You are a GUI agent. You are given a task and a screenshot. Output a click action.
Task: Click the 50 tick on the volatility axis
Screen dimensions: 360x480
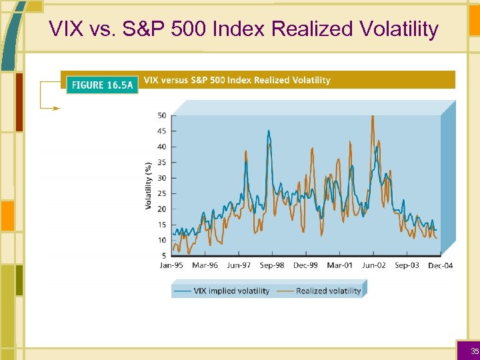pos(162,115)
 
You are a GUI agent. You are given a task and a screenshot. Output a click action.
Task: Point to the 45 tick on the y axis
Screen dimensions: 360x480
pos(162,131)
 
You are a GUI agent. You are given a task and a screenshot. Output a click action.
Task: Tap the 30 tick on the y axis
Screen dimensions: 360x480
pos(162,178)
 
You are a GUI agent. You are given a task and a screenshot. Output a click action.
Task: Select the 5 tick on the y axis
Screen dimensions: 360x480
pos(164,256)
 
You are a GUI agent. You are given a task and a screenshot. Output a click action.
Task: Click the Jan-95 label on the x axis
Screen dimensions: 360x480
pos(171,265)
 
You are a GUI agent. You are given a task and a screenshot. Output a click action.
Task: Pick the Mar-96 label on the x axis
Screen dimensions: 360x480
pos(205,265)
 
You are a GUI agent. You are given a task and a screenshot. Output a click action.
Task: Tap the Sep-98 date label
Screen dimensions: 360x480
pos(271,265)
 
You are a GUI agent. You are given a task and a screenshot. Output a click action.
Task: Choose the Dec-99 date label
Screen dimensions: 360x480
pos(305,265)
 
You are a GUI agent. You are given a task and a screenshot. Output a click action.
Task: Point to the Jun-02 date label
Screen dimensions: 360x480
pos(373,265)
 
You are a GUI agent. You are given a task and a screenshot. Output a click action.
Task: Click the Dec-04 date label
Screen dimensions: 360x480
pos(440,265)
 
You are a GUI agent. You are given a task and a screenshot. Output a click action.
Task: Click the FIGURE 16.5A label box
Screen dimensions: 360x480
pos(101,85)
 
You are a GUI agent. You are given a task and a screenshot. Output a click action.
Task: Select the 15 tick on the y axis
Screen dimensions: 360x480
pos(162,225)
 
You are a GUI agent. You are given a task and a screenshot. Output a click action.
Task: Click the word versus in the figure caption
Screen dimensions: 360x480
pos(175,80)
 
